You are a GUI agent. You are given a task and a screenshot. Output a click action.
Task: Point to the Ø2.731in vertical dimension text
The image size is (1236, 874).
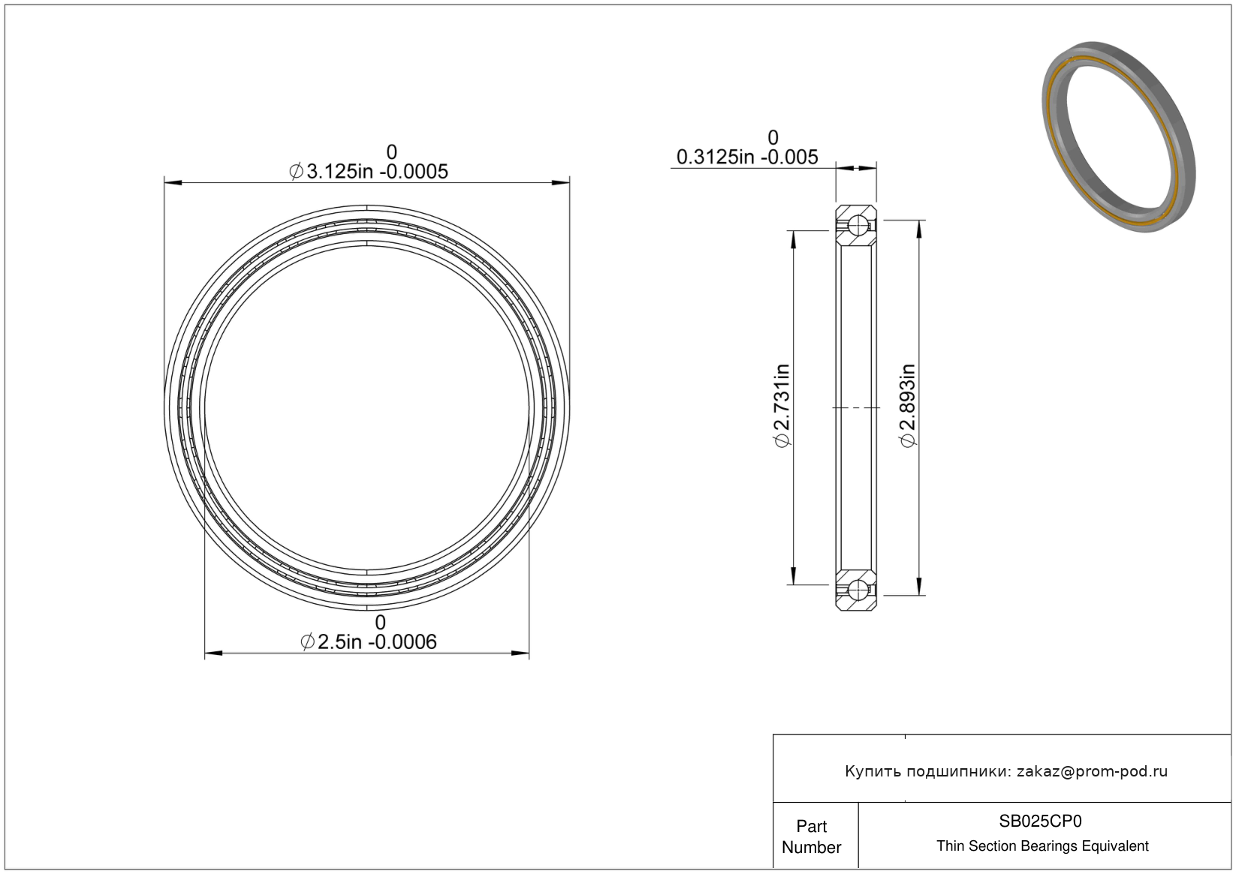pos(782,405)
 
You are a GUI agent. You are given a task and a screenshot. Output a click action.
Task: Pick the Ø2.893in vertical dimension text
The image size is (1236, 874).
pos(909,405)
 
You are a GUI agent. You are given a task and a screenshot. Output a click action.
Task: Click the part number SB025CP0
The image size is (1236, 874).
pos(1040,821)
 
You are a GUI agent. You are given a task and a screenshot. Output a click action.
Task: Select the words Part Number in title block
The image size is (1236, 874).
pos(811,836)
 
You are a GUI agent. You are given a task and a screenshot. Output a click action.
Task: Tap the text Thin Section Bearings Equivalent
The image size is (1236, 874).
pos(1042,846)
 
